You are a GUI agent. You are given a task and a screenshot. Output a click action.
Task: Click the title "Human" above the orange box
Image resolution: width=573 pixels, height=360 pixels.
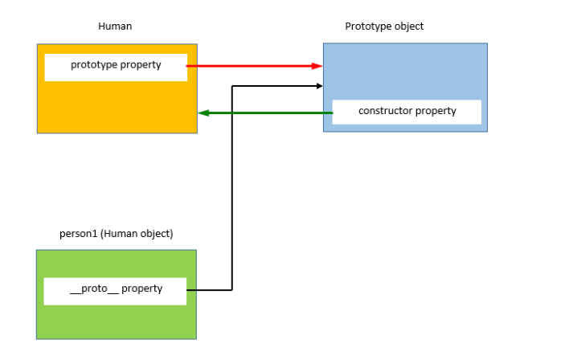click(115, 27)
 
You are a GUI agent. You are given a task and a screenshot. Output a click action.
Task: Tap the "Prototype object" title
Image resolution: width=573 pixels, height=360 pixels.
click(384, 27)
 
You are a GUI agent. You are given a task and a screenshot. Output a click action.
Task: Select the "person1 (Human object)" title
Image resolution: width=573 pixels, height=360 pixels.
click(117, 234)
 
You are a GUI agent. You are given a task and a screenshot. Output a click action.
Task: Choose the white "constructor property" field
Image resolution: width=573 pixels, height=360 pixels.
click(407, 112)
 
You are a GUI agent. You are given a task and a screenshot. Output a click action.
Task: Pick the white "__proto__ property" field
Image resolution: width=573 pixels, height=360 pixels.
click(115, 290)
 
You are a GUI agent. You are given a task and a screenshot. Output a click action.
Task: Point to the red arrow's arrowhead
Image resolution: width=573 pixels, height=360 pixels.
click(317, 67)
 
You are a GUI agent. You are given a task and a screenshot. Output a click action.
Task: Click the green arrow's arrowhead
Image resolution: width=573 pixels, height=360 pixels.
click(203, 112)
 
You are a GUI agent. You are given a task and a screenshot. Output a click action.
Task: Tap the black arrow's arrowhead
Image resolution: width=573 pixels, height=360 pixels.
click(319, 85)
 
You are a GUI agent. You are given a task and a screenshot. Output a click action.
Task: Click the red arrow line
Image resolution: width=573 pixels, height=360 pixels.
click(249, 67)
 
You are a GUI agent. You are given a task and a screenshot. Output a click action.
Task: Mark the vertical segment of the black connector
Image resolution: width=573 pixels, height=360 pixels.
click(231, 185)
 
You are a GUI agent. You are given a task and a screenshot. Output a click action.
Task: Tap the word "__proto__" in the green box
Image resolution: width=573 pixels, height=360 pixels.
click(94, 289)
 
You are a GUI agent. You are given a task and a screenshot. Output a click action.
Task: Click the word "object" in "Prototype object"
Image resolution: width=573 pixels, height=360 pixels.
click(407, 27)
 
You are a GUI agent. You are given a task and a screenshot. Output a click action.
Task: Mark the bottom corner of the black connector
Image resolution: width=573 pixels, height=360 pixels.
click(231, 289)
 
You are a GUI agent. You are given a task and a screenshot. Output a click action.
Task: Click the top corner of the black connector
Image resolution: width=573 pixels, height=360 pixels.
click(231, 85)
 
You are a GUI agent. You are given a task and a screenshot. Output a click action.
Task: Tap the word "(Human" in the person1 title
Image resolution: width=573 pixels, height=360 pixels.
click(115, 234)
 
